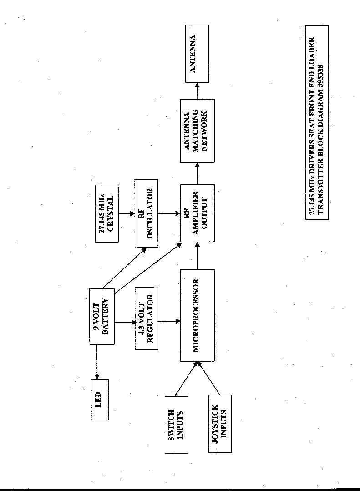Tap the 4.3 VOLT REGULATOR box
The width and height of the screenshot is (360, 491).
[x=147, y=321]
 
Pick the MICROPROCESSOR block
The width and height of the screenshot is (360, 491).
[x=197, y=315]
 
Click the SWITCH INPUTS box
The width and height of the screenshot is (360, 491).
[x=176, y=425]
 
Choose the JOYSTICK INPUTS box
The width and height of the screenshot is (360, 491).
[x=220, y=425]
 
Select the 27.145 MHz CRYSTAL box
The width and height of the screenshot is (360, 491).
[x=106, y=213]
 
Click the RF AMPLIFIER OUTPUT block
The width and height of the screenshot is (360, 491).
[x=197, y=213]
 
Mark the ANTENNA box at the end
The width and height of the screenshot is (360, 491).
[x=197, y=54]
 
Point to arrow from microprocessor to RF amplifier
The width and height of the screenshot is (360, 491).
[x=197, y=255]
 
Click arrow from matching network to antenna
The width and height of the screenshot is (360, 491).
[x=197, y=91]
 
